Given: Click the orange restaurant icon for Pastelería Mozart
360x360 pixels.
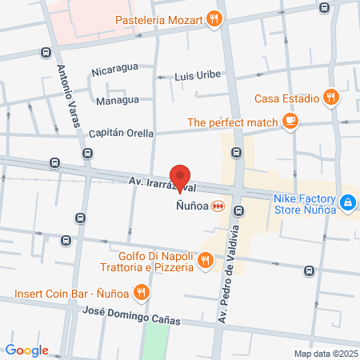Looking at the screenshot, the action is point(213,18).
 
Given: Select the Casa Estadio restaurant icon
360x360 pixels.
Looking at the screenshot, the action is point(332,98).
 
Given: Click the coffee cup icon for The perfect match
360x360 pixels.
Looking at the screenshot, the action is point(290,122).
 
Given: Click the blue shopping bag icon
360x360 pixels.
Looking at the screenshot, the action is point(347,204).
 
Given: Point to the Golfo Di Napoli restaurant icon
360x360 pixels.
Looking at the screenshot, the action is point(206,259).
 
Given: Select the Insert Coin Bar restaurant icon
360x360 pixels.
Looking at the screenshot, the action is point(142,292).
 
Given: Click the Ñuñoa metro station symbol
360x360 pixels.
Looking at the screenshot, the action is point(216,206).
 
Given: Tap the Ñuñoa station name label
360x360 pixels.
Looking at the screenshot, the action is point(191,206).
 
